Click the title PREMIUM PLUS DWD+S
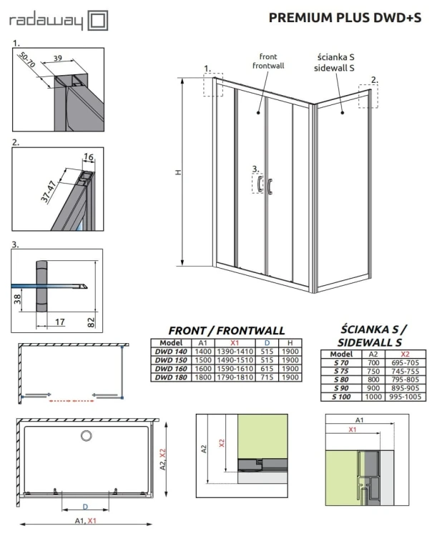tap(345, 19)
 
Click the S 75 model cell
tap(342, 371)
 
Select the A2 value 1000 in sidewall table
tap(372, 397)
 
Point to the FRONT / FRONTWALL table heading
tap(226, 330)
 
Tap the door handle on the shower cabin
tap(270, 186)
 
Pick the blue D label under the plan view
tap(85, 507)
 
